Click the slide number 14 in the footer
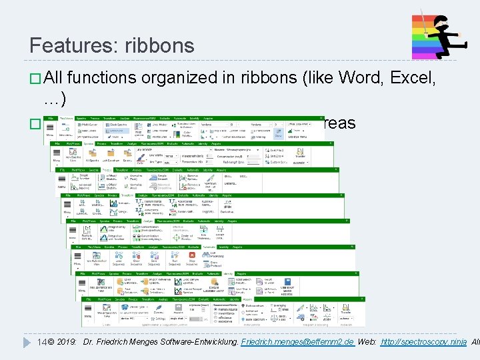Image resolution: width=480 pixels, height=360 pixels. point(41,342)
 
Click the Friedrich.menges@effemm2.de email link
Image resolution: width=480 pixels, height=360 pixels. point(297,342)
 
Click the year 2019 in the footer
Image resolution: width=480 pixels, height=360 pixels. point(66,342)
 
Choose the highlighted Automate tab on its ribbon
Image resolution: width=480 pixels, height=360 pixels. point(213,247)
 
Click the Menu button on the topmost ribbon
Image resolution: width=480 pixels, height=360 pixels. point(49,134)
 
